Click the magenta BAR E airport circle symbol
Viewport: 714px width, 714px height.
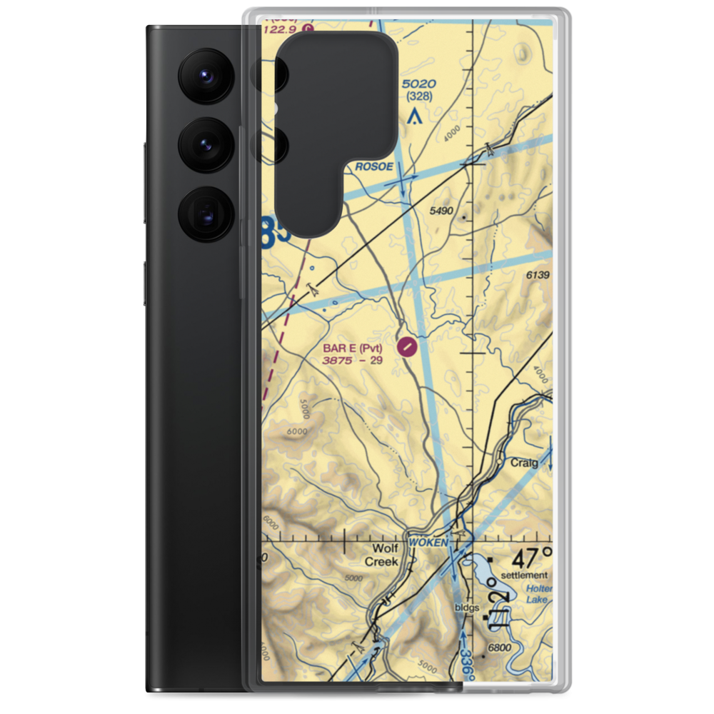[406, 348]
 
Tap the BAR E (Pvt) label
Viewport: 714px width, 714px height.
[353, 348]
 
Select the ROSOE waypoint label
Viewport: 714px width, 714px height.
[373, 166]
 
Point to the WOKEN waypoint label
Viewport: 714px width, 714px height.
[428, 543]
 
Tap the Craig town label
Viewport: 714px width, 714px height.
[524, 463]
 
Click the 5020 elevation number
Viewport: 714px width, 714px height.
[419, 84]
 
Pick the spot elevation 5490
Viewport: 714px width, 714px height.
[442, 211]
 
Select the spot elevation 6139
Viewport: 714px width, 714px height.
[538, 275]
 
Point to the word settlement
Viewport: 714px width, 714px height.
[524, 575]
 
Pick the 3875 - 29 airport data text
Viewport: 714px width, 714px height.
[353, 361]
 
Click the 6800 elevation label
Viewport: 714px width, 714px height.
[499, 648]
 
